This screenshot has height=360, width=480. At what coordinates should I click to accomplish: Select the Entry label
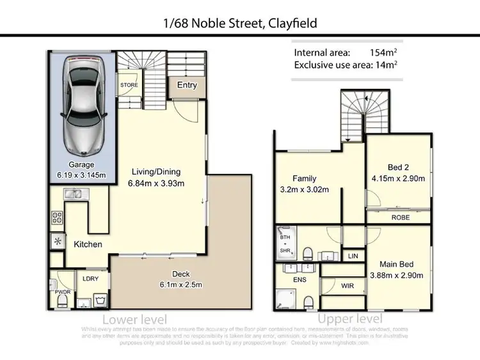(188, 85)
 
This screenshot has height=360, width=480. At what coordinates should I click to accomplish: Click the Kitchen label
(88, 244)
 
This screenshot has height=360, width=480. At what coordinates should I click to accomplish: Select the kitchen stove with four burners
(56, 217)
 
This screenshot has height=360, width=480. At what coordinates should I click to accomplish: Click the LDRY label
(89, 278)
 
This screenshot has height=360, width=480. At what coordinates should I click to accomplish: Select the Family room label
(305, 179)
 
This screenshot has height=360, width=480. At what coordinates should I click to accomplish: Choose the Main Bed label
(397, 264)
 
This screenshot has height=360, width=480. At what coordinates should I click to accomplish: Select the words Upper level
(351, 318)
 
